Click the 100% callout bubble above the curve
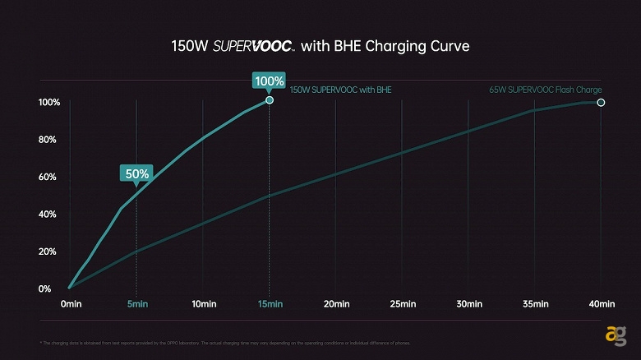click(x=270, y=81)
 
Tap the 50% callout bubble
click(x=136, y=173)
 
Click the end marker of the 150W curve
click(x=270, y=99)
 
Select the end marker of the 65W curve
click(x=601, y=103)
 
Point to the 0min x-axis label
click(x=71, y=304)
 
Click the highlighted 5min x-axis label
click(x=136, y=304)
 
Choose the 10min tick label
click(x=203, y=304)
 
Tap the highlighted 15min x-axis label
click(x=270, y=304)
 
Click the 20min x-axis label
click(x=336, y=304)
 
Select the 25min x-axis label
click(x=402, y=304)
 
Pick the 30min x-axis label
click(x=468, y=304)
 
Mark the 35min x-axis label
click(x=535, y=304)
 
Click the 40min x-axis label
click(x=601, y=304)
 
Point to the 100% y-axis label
click(x=48, y=103)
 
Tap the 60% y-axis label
click(x=46, y=177)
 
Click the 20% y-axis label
click(x=46, y=252)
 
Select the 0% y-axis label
click(x=44, y=288)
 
